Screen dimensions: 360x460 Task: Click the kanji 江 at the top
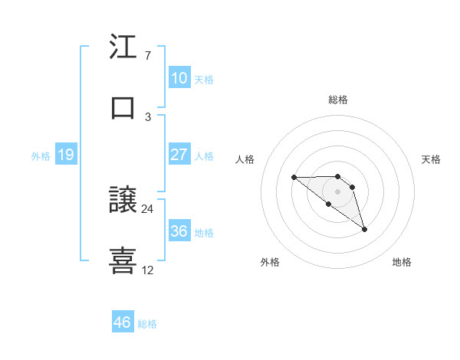click(123, 49)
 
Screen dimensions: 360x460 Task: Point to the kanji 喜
click(123, 261)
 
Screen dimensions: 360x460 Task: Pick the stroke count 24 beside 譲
click(148, 208)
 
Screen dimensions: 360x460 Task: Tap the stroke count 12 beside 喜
click(148, 270)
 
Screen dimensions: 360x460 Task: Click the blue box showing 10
click(179, 78)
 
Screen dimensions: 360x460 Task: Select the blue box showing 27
click(179, 155)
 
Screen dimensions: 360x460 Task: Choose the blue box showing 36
click(179, 231)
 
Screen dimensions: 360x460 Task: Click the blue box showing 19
click(65, 155)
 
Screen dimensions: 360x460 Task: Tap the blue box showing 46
click(122, 322)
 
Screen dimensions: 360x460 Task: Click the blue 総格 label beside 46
click(147, 324)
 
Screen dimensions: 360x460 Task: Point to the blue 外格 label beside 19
click(41, 156)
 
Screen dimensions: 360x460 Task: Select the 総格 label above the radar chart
click(338, 100)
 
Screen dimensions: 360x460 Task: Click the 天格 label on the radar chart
click(432, 159)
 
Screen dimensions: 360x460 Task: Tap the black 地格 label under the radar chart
click(402, 262)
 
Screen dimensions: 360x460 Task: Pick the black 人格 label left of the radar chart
click(245, 159)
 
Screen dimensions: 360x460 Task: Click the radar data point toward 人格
click(294, 177)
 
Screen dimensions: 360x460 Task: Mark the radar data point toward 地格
click(364, 228)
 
